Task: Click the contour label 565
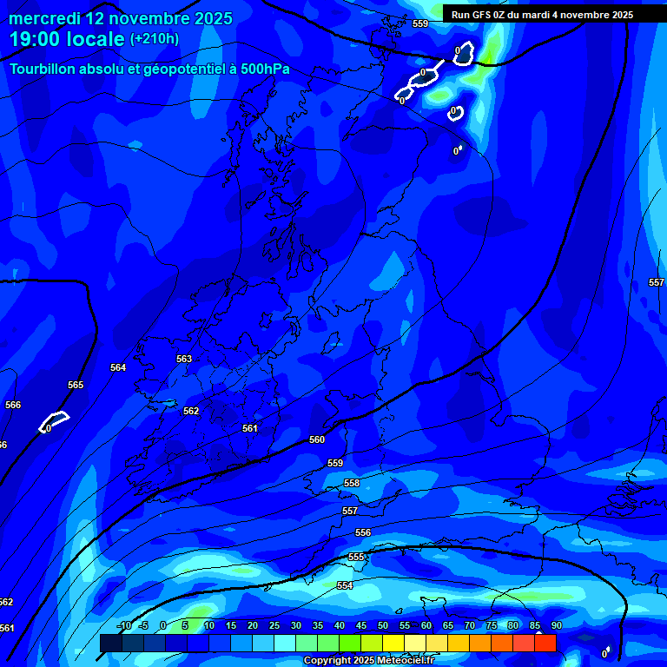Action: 76,385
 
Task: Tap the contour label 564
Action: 118,367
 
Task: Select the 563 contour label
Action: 183,359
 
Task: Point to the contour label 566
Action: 13,405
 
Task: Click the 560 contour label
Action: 317,440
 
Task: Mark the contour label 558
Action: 352,483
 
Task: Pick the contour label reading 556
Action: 363,532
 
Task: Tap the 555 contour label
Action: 356,557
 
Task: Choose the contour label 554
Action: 345,586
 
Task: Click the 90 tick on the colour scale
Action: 556,625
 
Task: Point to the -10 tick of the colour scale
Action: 123,625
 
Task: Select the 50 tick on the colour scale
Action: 383,625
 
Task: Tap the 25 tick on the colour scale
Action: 274,625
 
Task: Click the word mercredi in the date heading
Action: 44,18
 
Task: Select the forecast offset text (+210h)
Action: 155,38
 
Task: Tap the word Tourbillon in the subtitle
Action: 44,69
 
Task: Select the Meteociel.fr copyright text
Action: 368,661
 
